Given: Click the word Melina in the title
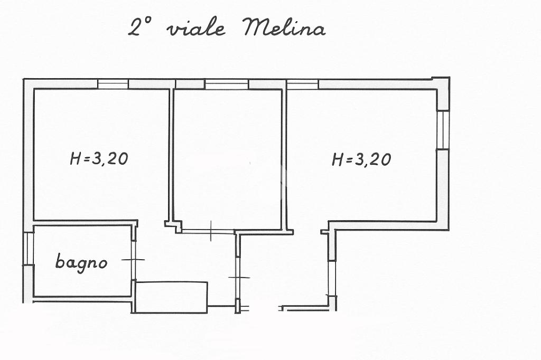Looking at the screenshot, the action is click(284, 27).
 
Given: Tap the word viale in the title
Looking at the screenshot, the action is click(195, 29).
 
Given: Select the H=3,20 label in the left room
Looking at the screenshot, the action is click(99, 158).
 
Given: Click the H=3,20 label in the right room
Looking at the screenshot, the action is click(361, 158).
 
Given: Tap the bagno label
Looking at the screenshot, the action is click(81, 262).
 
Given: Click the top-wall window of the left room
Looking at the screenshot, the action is click(113, 84).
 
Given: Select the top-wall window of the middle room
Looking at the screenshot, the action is click(227, 84).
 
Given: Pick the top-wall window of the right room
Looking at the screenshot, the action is click(303, 84).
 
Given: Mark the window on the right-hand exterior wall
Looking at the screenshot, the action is click(443, 130).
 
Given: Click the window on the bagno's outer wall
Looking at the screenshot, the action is click(29, 248).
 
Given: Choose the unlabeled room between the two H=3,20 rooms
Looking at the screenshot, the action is click(227, 158).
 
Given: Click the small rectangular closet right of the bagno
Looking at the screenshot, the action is click(171, 297).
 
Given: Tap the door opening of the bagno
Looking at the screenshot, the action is click(133, 260).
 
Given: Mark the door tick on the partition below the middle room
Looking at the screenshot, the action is click(238, 277).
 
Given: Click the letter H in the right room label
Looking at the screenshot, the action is click(338, 159).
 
